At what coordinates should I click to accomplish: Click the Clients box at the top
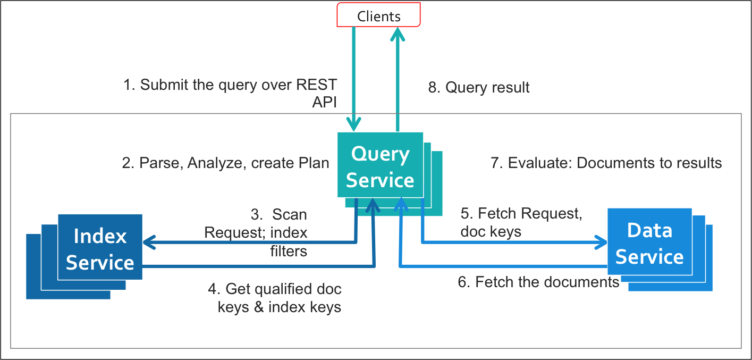pyautogui.click(x=378, y=15)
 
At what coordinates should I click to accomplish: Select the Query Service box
pyautogui.click(x=380, y=167)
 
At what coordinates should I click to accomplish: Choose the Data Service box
pyautogui.click(x=649, y=244)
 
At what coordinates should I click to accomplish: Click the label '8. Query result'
pyautogui.click(x=479, y=87)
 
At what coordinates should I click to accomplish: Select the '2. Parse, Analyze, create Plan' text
pyautogui.click(x=226, y=163)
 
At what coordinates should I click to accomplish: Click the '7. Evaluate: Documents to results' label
pyautogui.click(x=606, y=163)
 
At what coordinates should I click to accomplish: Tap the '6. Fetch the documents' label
pyautogui.click(x=538, y=282)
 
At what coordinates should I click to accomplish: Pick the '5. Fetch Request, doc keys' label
pyautogui.click(x=521, y=222)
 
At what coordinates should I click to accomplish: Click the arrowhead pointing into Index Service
pyautogui.click(x=149, y=242)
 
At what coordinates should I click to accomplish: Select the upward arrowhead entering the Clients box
pyautogui.click(x=397, y=35)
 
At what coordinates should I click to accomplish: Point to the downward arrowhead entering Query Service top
pyautogui.click(x=354, y=125)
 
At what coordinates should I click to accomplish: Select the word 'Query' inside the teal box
pyautogui.click(x=381, y=154)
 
